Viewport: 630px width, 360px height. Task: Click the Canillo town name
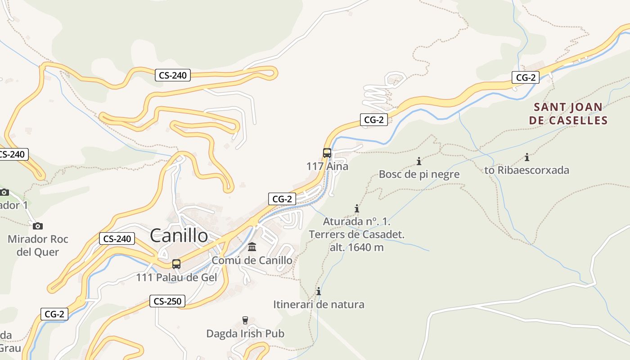pyautogui.click(x=179, y=235)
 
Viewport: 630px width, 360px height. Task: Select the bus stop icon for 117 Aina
pyautogui.click(x=327, y=153)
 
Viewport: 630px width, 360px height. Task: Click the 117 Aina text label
pyautogui.click(x=327, y=166)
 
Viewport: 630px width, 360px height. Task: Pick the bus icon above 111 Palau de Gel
pyautogui.click(x=176, y=264)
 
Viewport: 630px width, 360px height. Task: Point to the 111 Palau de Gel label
pyautogui.click(x=176, y=278)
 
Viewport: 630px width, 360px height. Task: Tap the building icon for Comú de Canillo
pyautogui.click(x=252, y=247)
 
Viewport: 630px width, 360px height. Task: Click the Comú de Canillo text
pyautogui.click(x=252, y=260)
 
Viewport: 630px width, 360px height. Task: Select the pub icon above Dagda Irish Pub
pyautogui.click(x=245, y=320)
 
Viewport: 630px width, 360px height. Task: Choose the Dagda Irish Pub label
pyautogui.click(x=245, y=333)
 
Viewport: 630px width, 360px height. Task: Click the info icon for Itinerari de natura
pyautogui.click(x=319, y=291)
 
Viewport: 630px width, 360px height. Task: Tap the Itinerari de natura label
pyautogui.click(x=319, y=305)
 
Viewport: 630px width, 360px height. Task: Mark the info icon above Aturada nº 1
pyautogui.click(x=357, y=208)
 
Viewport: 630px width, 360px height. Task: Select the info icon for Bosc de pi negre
pyautogui.click(x=419, y=161)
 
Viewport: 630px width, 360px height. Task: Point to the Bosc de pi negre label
pyautogui.click(x=419, y=174)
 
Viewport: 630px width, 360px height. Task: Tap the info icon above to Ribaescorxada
pyautogui.click(x=527, y=157)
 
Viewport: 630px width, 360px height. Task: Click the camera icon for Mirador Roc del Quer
pyautogui.click(x=38, y=226)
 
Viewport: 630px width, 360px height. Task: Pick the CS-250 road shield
pyautogui.click(x=167, y=301)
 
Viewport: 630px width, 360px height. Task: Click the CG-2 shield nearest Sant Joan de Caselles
pyautogui.click(x=525, y=77)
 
